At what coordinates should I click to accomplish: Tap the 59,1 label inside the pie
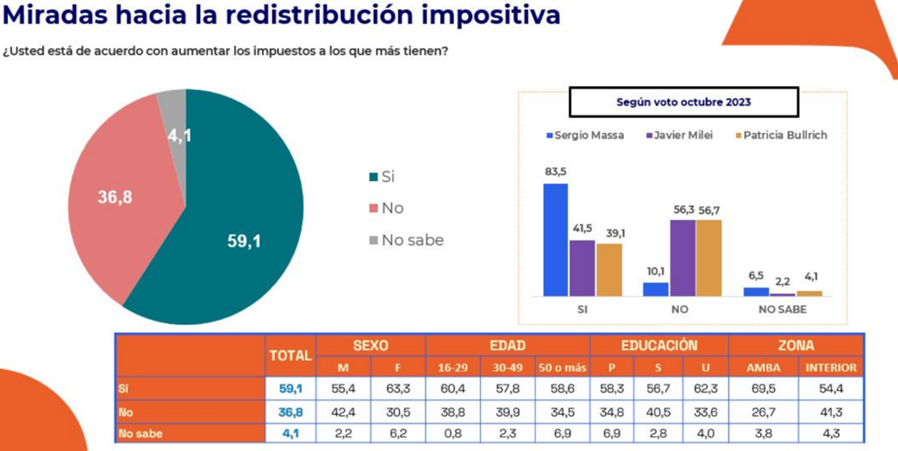(x=244, y=241)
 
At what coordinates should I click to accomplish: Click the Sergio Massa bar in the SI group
(x=556, y=240)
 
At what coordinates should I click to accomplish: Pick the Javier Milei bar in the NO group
(x=683, y=258)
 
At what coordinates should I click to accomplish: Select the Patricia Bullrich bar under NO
(x=708, y=258)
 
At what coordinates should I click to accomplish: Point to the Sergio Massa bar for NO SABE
(x=756, y=291)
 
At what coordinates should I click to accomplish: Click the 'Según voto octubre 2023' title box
(x=683, y=102)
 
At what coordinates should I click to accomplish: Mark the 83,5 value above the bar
(x=556, y=172)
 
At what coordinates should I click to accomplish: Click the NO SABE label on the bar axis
(x=782, y=309)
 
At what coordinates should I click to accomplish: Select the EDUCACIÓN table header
(x=659, y=345)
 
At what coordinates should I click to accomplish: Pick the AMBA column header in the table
(x=763, y=368)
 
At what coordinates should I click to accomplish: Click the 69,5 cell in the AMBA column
(x=763, y=390)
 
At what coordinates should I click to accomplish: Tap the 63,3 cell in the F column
(x=398, y=390)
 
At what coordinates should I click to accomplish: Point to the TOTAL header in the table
(x=290, y=355)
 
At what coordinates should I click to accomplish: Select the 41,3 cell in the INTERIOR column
(x=831, y=412)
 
